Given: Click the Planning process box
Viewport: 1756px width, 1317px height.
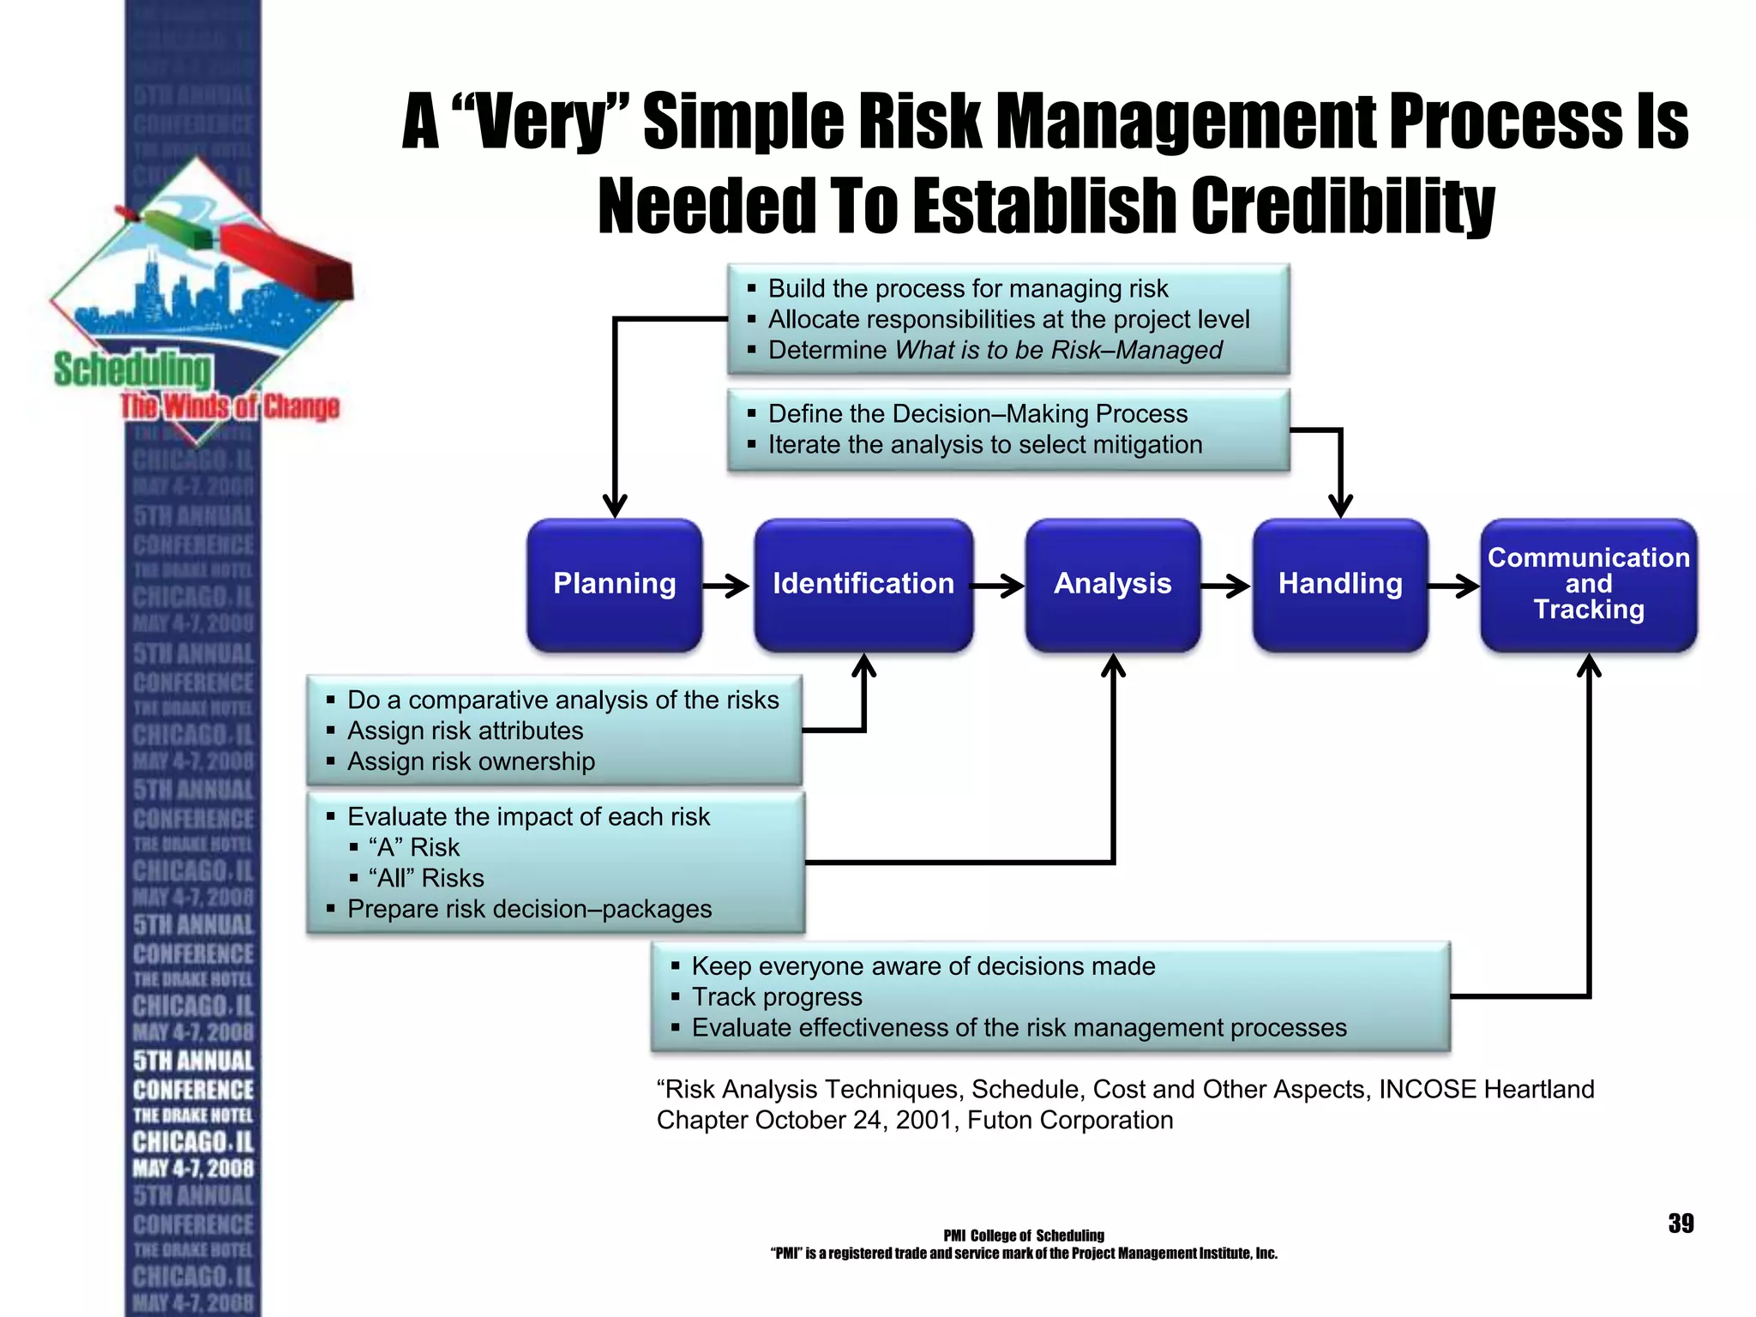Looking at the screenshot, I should [614, 585].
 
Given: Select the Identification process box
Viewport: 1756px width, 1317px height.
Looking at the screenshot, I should [863, 585].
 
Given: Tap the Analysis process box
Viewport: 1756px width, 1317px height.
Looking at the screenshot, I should [1112, 585].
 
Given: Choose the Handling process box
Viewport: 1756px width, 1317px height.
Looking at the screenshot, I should [1339, 585].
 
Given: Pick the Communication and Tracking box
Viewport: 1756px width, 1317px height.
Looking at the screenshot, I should [1588, 585].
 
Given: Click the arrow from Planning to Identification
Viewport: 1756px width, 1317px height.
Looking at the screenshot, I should [727, 586].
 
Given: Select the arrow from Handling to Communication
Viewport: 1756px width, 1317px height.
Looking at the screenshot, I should [1454, 586].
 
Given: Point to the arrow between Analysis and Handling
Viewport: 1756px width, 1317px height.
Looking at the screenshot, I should [1226, 586].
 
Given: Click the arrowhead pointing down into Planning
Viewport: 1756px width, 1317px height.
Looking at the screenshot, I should [615, 506].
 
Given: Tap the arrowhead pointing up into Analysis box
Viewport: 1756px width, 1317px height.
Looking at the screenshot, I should [1113, 666].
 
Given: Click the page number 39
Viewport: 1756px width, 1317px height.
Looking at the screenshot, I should [1681, 1224].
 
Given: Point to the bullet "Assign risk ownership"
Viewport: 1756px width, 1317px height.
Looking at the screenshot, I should [471, 761].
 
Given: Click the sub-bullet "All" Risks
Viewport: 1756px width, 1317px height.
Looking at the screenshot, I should [426, 878].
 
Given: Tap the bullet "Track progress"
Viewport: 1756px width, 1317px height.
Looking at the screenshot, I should [777, 997].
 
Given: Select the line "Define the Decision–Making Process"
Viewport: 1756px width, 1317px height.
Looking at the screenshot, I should [977, 414].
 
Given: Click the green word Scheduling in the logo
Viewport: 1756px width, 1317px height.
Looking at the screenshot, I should [133, 370].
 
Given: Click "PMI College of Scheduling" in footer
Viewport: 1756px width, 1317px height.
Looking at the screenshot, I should [1023, 1236].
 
